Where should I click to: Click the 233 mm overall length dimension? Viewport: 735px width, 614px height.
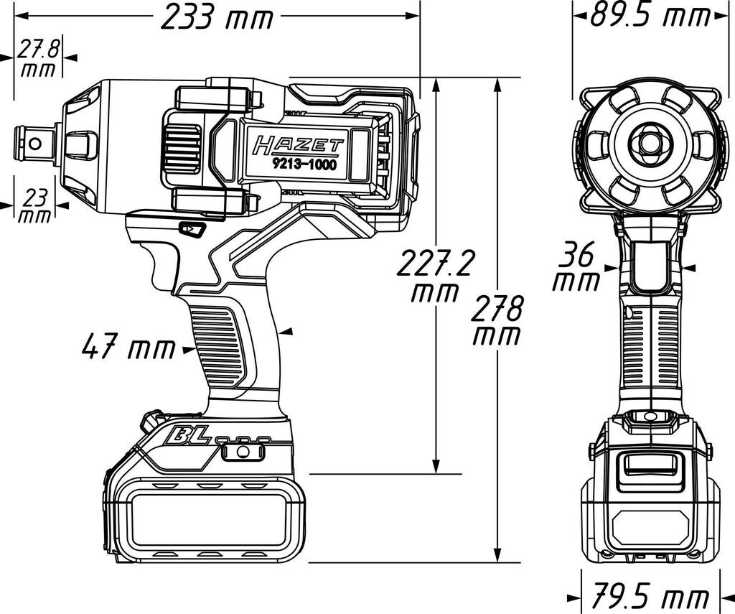[x=217, y=17]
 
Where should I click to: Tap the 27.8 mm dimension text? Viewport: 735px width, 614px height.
[x=39, y=58]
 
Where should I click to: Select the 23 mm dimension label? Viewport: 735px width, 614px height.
[x=35, y=206]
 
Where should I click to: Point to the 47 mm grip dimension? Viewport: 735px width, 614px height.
[x=128, y=348]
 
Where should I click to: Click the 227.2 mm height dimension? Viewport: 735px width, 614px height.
[x=434, y=276]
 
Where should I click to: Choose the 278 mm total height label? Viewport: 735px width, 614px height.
[x=497, y=320]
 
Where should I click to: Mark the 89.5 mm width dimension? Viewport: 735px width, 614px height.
[x=650, y=15]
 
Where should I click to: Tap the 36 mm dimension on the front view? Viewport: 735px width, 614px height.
[x=576, y=266]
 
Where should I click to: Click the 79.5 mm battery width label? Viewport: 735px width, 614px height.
[x=649, y=596]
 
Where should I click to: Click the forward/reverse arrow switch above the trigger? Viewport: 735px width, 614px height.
[x=192, y=229]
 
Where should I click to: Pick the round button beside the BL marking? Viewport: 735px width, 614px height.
[x=242, y=451]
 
